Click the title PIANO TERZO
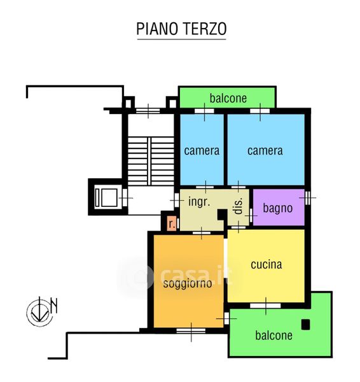pyautogui.click(x=181, y=29)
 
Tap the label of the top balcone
pyautogui.click(x=228, y=98)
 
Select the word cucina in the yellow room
pyautogui.click(x=267, y=265)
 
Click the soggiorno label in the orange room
pyautogui.click(x=188, y=283)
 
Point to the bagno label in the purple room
pyautogui.click(x=278, y=208)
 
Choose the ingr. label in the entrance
pyautogui.click(x=199, y=202)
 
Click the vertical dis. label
pyautogui.click(x=239, y=206)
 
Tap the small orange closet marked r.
pyautogui.click(x=172, y=223)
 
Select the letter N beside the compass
pyautogui.click(x=54, y=306)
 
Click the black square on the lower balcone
pyautogui.click(x=305, y=325)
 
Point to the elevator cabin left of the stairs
pyautogui.click(x=106, y=197)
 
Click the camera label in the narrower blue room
pyautogui.click(x=202, y=151)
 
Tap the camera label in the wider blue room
pyautogui.click(x=265, y=151)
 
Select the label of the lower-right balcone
pyautogui.click(x=273, y=336)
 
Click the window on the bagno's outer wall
pyautogui.click(x=308, y=197)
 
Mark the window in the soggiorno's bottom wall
pyautogui.click(x=191, y=330)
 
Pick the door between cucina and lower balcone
pyautogui.click(x=266, y=306)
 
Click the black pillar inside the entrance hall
pyautogui.click(x=222, y=215)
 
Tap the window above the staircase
pyautogui.click(x=148, y=111)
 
